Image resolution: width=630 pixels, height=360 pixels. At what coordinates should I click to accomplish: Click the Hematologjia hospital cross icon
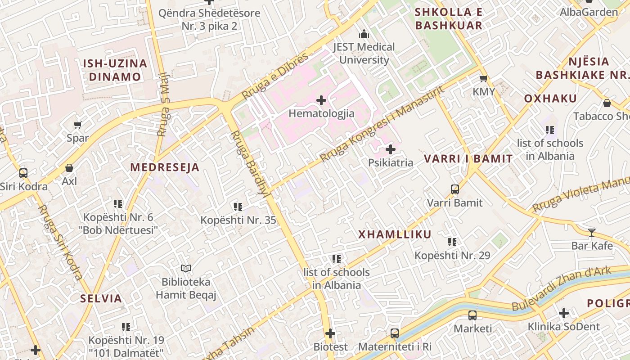click(321, 100)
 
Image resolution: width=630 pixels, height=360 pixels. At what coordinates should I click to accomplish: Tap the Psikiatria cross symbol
click(391, 149)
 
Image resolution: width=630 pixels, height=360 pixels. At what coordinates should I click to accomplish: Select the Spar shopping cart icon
click(78, 125)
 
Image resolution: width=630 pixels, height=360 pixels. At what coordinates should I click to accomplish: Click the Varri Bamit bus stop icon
click(455, 189)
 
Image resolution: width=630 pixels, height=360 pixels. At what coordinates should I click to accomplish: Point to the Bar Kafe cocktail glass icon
click(592, 233)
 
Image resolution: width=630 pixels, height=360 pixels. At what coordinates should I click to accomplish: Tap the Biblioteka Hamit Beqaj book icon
click(186, 269)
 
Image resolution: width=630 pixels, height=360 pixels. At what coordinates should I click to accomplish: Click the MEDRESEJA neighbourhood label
click(165, 167)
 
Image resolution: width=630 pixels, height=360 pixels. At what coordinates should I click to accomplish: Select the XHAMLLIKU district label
click(395, 234)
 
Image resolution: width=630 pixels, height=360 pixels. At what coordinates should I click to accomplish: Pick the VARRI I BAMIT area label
click(468, 158)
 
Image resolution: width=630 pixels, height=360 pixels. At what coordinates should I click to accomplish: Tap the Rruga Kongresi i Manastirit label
click(382, 123)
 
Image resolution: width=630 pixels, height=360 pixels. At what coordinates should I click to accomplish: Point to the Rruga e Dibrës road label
click(275, 76)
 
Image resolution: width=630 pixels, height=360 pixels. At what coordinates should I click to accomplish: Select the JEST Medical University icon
click(364, 34)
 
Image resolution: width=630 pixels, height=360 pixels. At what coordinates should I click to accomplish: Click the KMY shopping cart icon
click(484, 79)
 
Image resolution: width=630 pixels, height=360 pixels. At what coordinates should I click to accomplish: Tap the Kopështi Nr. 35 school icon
click(238, 207)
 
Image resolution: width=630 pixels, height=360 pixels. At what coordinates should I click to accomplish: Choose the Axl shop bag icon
click(69, 168)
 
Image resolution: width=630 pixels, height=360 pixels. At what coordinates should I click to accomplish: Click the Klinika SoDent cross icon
click(564, 313)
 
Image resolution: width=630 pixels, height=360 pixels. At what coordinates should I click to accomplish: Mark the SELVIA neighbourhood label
click(101, 298)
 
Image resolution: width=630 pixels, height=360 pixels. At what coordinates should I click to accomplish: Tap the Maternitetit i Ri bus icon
click(395, 333)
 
